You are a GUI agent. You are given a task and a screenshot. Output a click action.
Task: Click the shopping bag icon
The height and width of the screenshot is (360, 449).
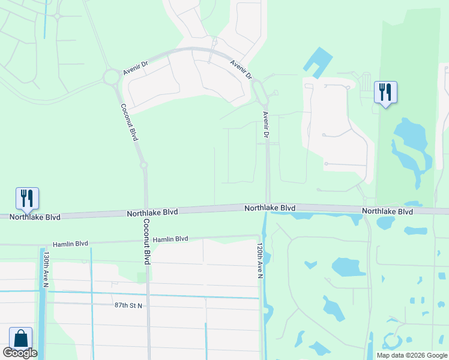coord(20,338)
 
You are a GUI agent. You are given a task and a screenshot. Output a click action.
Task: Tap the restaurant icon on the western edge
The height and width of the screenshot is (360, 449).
coord(27,198)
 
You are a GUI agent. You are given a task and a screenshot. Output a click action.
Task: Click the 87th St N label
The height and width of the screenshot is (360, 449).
coord(128,306)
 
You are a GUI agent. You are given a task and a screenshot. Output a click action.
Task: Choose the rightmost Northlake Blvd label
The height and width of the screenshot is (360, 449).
coord(387,212)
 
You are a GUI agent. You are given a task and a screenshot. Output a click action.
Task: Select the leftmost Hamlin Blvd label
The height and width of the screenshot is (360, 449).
coord(70,244)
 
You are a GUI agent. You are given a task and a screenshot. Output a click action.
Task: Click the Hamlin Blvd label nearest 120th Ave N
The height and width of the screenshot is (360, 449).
coord(170,239)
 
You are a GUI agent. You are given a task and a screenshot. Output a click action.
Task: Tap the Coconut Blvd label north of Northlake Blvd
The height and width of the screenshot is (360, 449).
coord(129,122)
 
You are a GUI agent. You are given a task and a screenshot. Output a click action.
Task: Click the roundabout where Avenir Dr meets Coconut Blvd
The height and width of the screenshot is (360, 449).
coord(112,77)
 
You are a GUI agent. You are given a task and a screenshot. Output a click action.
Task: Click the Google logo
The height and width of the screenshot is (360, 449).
coord(19,353)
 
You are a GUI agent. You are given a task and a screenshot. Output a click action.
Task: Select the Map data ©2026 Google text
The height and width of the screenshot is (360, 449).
coord(411,355)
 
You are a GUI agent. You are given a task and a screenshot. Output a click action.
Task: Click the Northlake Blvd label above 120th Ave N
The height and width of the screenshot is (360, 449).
coord(270,208)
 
